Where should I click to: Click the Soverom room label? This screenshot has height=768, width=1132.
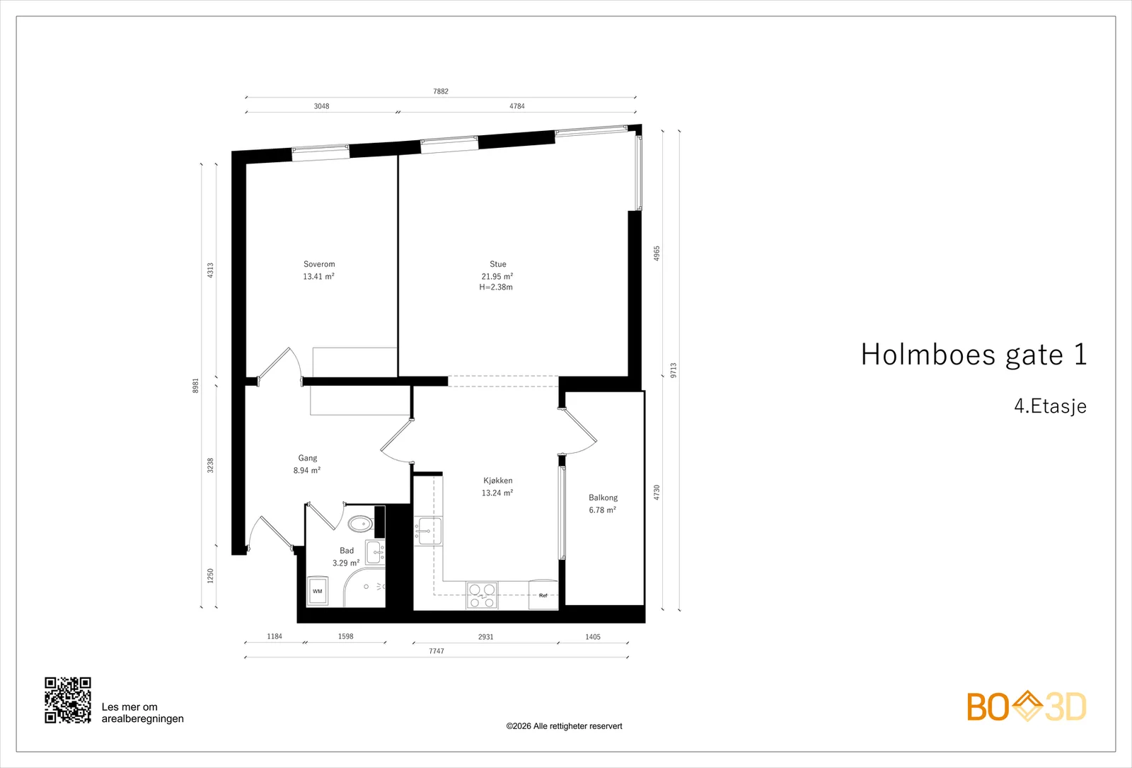[319, 264]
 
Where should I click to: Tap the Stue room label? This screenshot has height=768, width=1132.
[498, 264]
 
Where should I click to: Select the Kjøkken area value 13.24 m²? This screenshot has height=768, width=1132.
[497, 493]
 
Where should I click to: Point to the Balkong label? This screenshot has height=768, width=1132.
[603, 498]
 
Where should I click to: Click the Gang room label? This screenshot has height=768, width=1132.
[308, 458]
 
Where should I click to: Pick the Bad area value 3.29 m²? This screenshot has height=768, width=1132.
[346, 563]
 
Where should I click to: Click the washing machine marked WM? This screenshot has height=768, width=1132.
[318, 590]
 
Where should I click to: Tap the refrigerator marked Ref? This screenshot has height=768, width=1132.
[543, 595]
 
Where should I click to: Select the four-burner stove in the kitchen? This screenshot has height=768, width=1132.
[482, 595]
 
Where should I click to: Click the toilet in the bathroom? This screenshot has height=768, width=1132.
[360, 525]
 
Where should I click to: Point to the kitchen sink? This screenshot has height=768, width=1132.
[428, 532]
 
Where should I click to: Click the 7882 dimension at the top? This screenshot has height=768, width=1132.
[441, 91]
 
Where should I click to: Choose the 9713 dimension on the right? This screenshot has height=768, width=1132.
[673, 370]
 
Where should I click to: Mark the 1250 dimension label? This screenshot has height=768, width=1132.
[211, 576]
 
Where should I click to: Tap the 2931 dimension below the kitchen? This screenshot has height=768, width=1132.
[485, 637]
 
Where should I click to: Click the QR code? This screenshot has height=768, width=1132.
[68, 700]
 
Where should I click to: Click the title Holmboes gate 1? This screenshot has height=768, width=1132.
[974, 355]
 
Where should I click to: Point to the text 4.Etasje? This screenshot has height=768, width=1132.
[1050, 406]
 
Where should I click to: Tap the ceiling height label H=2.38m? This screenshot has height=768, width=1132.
[496, 287]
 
